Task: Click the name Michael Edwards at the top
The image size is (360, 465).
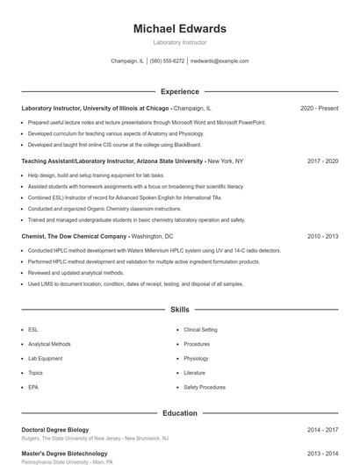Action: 179,28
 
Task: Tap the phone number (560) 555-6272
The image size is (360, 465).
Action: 167,61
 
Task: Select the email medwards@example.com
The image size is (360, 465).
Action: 220,61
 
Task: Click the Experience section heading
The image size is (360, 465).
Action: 179,91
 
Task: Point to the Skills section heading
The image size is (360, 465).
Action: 179,310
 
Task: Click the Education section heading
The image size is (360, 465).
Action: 179,412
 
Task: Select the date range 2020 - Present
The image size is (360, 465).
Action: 319,108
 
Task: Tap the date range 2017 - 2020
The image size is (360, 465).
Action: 322,161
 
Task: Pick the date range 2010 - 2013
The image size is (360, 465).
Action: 322,236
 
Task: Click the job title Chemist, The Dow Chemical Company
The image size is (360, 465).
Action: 75,236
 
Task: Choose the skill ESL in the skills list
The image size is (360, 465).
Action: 33,330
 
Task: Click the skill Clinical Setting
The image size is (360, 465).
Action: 200,330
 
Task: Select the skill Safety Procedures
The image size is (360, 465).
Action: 205,387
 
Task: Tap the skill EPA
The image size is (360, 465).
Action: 33,387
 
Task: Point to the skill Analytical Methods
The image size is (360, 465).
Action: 49,344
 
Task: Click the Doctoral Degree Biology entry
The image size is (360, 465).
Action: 54,430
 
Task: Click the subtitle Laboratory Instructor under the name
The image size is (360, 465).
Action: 179,42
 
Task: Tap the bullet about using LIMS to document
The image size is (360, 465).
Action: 123,284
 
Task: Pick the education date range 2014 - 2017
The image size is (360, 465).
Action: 322,430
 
